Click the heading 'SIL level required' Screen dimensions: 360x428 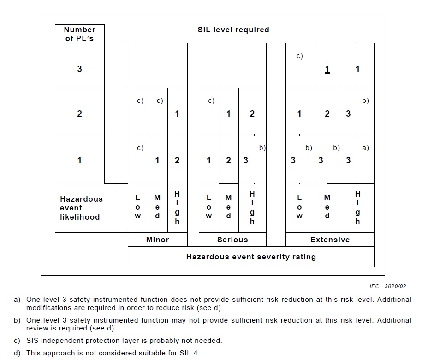(x=233, y=30)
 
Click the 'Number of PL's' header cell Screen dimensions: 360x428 (x=79, y=34)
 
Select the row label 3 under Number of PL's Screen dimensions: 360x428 (x=79, y=69)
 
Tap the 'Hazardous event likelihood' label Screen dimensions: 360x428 (x=81, y=208)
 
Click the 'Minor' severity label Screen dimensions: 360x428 (x=157, y=240)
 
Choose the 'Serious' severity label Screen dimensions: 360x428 (x=232, y=240)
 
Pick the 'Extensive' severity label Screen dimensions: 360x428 (x=330, y=240)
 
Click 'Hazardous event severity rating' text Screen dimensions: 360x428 (x=251, y=257)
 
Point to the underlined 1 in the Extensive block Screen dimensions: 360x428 (x=327, y=70)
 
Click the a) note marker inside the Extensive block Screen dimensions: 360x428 (x=365, y=148)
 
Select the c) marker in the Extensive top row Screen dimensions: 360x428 (x=299, y=56)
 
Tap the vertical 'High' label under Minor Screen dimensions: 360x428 (x=177, y=208)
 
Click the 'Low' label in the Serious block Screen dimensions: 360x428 (x=208, y=207)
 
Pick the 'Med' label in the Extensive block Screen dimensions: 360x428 (x=327, y=207)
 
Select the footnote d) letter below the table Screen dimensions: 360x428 (x=17, y=353)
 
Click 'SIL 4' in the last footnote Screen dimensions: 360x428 (x=188, y=353)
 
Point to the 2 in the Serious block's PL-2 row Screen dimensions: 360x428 (x=252, y=114)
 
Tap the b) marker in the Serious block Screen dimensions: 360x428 (x=262, y=148)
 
